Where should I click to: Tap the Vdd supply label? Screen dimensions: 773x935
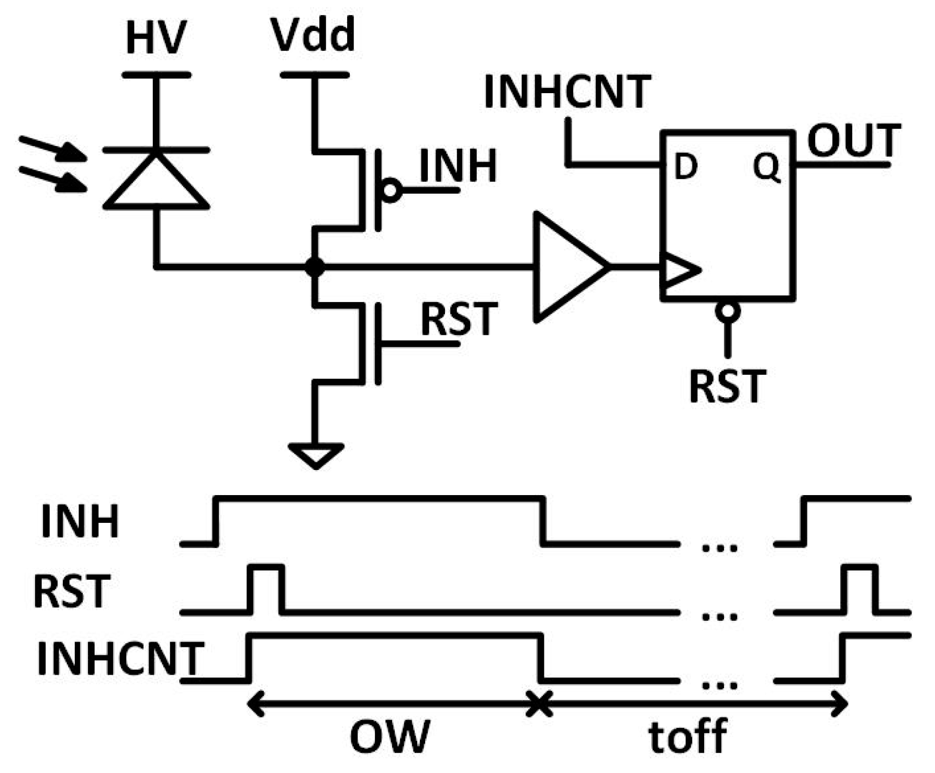coord(313,35)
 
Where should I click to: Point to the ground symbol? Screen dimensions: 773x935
coord(316,455)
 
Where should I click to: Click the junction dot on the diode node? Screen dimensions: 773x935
coord(315,267)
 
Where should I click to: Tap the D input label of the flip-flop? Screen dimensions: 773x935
coord(685,167)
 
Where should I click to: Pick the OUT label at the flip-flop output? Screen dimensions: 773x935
coord(854,141)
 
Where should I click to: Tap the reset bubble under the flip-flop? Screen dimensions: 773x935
coord(727,312)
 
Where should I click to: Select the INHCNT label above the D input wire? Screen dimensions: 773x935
coord(567,92)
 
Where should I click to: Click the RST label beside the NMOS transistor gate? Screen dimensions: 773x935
coord(459,319)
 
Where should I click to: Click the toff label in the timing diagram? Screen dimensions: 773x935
coord(687,735)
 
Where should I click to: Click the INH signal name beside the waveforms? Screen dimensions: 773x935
coord(80,522)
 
